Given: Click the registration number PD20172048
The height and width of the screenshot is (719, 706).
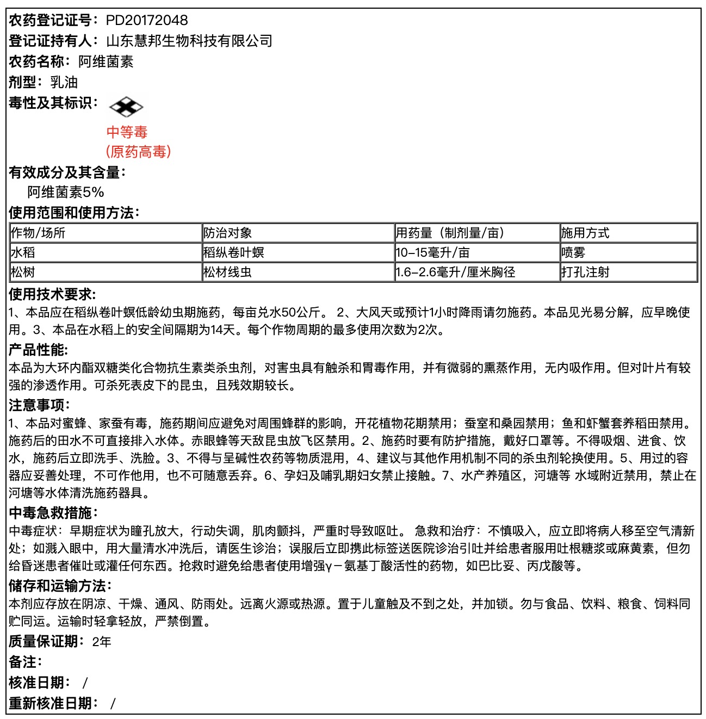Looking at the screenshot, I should click(x=147, y=21).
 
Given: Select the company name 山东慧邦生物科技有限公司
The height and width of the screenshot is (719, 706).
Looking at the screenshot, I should click(x=189, y=41).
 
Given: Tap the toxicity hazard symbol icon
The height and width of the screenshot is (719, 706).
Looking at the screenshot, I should click(x=126, y=107).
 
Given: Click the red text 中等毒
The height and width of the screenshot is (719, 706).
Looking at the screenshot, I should click(x=127, y=132).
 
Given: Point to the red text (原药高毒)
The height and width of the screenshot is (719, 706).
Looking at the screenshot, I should click(x=138, y=151).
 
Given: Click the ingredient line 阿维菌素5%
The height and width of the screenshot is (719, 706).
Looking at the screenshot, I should click(x=66, y=192).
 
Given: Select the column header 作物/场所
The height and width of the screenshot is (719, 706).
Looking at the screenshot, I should click(x=38, y=233).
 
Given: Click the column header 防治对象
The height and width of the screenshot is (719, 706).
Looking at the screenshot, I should click(x=228, y=233).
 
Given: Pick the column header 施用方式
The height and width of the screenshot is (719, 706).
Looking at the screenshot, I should click(x=585, y=233).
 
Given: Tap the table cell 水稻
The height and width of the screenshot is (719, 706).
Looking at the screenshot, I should click(x=23, y=253).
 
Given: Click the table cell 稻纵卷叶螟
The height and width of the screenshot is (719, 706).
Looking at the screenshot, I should click(x=234, y=253).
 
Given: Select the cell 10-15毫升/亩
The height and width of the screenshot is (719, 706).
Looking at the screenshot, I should click(x=433, y=253).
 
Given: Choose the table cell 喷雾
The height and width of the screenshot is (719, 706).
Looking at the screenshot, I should click(x=573, y=253).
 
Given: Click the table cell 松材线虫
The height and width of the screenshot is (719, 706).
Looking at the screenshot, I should click(x=228, y=272).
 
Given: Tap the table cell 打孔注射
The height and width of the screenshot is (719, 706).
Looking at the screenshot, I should click(x=585, y=272).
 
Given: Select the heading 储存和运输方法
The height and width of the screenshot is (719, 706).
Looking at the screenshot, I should click(x=60, y=586).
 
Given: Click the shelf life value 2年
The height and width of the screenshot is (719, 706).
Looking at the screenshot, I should click(x=102, y=642).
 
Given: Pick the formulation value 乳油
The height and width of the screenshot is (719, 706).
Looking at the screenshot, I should click(x=64, y=82).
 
